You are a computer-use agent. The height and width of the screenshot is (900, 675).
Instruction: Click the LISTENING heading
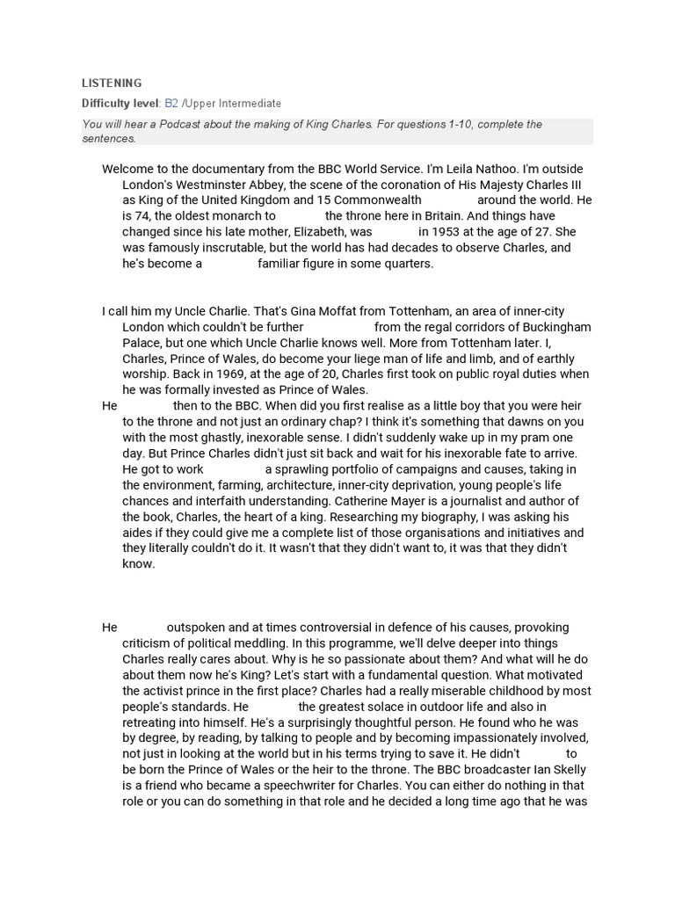click(112, 83)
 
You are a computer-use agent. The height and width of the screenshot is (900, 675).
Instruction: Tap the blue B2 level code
click(171, 104)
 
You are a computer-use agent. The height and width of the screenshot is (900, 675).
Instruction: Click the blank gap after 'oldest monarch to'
click(300, 216)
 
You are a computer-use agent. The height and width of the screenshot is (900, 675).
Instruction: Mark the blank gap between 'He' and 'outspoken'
click(142, 628)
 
